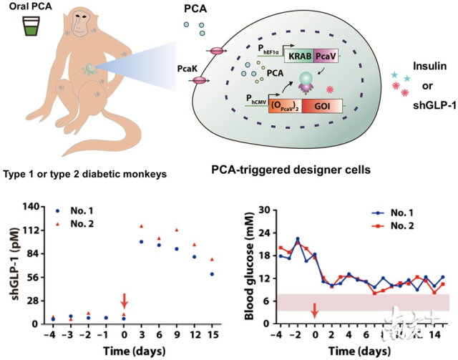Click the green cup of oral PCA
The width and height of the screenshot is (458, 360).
(x=30, y=29)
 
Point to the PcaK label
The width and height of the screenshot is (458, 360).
(x=189, y=64)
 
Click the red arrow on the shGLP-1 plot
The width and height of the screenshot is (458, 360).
(x=124, y=300)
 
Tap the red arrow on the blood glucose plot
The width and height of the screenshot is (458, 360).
(x=314, y=310)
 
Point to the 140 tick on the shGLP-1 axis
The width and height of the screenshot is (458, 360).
(x=31, y=207)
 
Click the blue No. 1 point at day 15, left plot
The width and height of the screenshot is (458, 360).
(x=212, y=274)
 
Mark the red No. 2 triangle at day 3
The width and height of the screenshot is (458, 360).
(x=141, y=227)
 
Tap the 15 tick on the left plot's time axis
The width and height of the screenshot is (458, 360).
(x=212, y=335)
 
